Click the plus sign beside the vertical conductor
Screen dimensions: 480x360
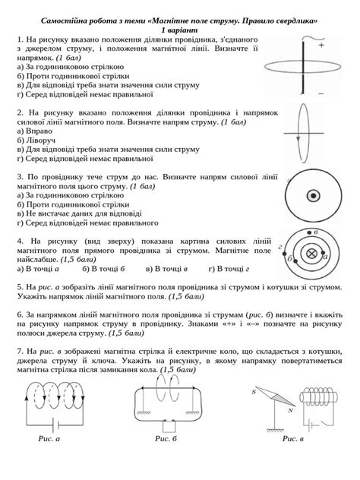[x=321, y=46]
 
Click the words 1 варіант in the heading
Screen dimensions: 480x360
[x=179, y=27]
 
